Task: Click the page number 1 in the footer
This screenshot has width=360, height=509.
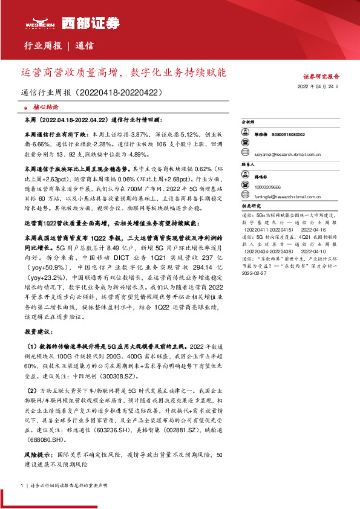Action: pos(22,485)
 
